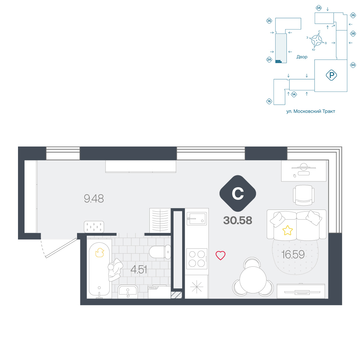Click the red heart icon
tap(220, 255)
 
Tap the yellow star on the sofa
tap(287, 230)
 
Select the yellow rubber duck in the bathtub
tap(100, 253)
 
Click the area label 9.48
tap(94, 199)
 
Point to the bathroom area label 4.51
tap(139, 270)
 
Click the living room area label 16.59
tap(293, 255)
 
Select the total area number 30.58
tap(238, 220)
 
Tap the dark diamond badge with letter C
tap(238, 193)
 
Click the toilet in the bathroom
tap(160, 252)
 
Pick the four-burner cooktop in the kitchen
tap(197, 259)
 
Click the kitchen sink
tap(197, 219)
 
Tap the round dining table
tap(253, 280)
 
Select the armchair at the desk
tap(303, 195)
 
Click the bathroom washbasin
tap(128, 292)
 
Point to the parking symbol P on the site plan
tap(331, 75)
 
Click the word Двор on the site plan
tap(302, 57)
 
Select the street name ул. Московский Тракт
tap(311, 111)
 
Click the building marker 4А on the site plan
tap(353, 65)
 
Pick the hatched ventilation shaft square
tap(176, 295)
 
